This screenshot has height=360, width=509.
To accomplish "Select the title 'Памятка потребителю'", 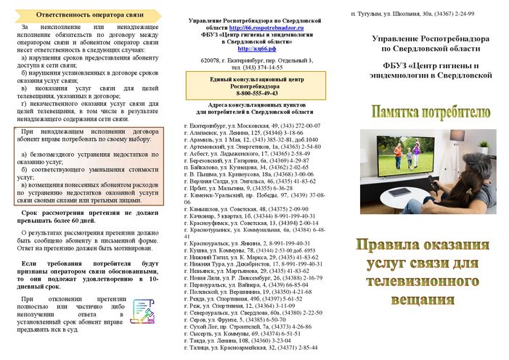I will (x=431, y=112).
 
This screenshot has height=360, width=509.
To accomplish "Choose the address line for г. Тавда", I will (x=236, y=340).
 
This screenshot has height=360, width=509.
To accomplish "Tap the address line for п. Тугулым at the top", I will (x=412, y=14).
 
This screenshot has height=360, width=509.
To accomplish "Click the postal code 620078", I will (x=208, y=60).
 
